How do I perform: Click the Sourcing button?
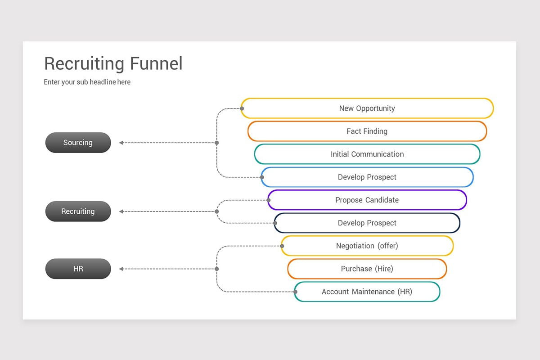click(78, 143)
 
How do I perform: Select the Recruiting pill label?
click(78, 211)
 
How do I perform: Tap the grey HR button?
click(78, 269)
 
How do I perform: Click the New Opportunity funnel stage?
click(367, 108)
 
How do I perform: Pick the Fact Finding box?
click(367, 131)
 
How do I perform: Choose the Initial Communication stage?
click(367, 154)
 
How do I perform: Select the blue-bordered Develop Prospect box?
click(367, 177)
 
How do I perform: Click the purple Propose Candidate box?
click(367, 200)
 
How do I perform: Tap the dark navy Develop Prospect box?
click(367, 223)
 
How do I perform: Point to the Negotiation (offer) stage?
click(367, 246)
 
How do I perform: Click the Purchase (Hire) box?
click(367, 269)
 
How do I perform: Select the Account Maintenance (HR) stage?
click(367, 292)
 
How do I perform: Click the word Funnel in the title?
click(156, 64)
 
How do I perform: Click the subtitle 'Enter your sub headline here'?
click(87, 82)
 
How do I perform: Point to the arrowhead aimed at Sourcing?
click(121, 143)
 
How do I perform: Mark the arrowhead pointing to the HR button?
click(121, 269)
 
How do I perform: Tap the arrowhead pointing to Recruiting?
click(121, 211)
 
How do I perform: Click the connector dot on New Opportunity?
click(242, 108)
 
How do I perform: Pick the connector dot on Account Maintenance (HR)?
click(296, 292)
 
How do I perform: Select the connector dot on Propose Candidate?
click(269, 200)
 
